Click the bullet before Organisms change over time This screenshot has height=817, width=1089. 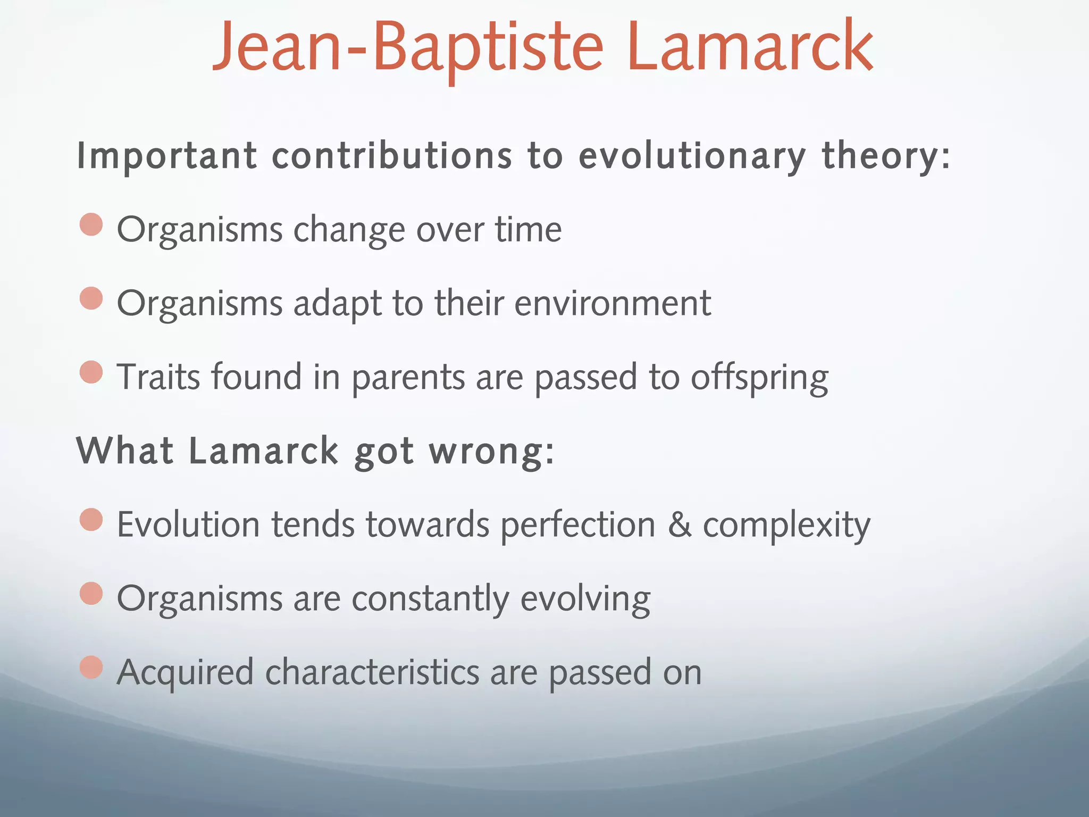click(x=91, y=224)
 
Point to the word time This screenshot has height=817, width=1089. click(x=528, y=229)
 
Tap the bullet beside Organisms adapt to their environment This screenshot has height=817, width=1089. click(x=91, y=298)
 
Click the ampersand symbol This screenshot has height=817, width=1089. click(x=680, y=524)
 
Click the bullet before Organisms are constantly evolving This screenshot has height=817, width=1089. click(x=91, y=594)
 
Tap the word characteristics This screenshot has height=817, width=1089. click(x=372, y=672)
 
